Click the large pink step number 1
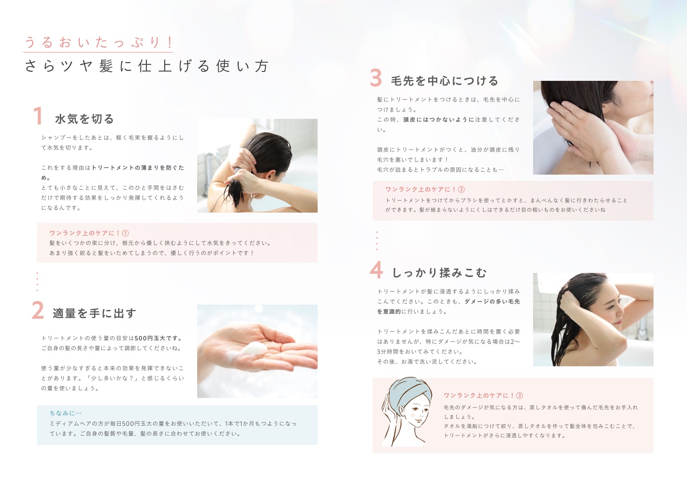(38, 116)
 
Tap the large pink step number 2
(38, 310)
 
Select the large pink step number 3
(376, 77)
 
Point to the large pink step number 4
(376, 269)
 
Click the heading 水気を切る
(84, 119)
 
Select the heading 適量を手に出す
(94, 313)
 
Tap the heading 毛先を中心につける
(444, 81)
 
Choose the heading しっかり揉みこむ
(439, 272)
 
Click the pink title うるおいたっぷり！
(99, 42)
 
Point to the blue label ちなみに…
(66, 413)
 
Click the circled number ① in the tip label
(125, 233)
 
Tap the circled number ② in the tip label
(461, 189)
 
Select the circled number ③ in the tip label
(520, 395)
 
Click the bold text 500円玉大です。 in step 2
(158, 338)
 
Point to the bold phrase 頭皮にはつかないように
(439, 119)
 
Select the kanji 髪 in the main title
(106, 66)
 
